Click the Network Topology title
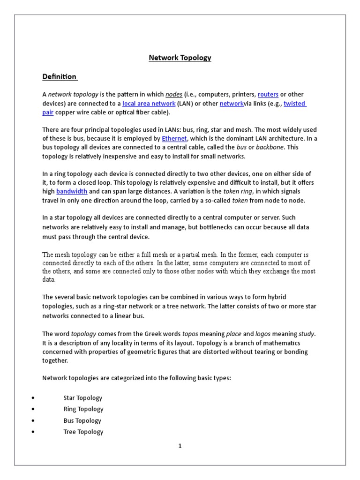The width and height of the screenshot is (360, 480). [180, 58]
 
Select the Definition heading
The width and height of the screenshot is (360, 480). [59, 76]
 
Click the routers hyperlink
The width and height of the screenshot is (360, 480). [268, 94]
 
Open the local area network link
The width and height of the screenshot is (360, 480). [149, 104]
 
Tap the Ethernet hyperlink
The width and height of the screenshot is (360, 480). [174, 138]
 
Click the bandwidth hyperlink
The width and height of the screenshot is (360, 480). [72, 191]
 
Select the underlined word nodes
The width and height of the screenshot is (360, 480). [173, 94]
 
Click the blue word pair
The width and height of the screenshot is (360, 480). [48, 112]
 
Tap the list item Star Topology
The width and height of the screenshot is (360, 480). [83, 398]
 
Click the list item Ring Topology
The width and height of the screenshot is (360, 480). [83, 409]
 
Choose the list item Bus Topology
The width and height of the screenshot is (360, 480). [82, 420]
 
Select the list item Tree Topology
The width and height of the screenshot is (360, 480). [83, 432]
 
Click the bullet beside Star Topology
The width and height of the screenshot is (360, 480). [33, 398]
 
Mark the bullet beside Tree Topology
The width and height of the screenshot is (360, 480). [33, 432]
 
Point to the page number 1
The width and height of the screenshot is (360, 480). [180, 446]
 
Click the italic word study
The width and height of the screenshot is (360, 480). [307, 334]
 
